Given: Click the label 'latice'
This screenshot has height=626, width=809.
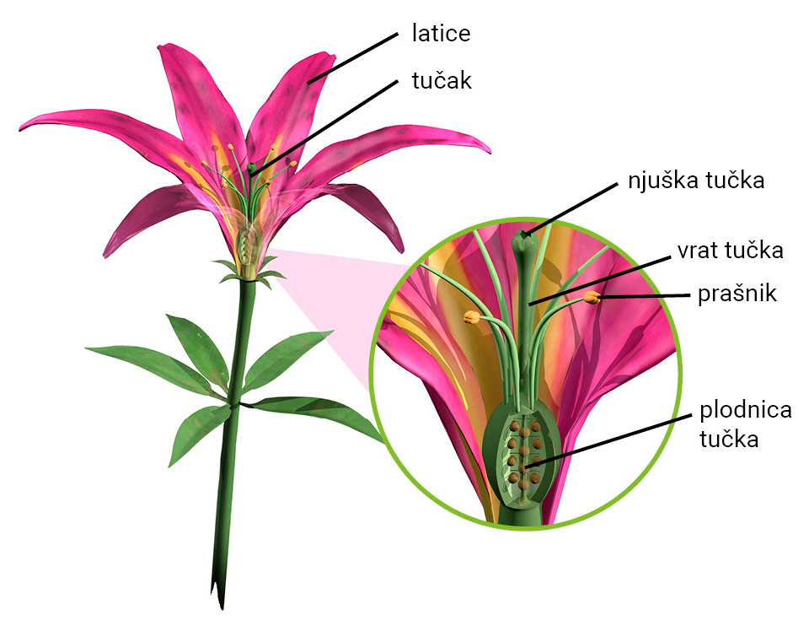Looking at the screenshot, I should coord(441,35).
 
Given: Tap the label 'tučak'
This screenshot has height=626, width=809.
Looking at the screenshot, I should coord(441,81).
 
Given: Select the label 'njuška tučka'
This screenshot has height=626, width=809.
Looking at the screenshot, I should coord(695,181).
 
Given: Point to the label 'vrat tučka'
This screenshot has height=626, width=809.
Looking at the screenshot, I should coord(730,251).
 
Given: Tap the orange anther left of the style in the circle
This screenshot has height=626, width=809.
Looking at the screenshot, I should coord(471,317).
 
